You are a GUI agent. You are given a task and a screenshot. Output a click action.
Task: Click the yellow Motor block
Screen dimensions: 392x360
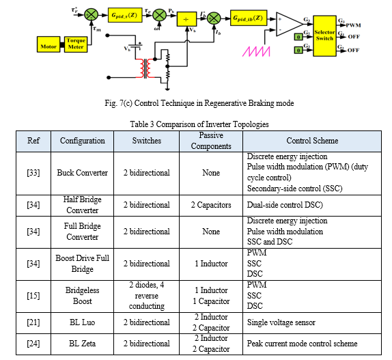click(48, 44)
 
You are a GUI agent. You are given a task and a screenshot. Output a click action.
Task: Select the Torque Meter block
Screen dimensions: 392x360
click(76, 44)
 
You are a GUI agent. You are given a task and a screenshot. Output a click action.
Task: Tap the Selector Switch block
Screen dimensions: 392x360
click(324, 36)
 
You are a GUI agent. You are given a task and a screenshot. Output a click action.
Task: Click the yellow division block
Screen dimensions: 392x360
click(186, 19)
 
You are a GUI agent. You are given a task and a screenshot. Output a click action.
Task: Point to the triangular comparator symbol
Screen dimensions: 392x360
click(289, 24)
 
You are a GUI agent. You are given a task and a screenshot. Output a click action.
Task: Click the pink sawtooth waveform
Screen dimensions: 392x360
click(256, 51)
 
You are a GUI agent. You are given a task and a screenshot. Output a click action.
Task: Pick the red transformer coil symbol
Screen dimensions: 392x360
click(145, 68)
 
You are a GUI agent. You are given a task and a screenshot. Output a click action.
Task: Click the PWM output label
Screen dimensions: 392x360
click(353, 25)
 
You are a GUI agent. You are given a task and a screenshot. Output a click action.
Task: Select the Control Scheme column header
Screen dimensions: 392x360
click(312, 141)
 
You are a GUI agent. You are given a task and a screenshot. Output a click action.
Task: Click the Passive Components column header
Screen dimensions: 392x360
click(211, 141)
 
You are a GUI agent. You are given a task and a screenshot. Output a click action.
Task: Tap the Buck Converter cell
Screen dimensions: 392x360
click(82, 173)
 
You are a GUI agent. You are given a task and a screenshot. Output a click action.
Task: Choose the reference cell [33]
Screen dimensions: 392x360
click(33, 173)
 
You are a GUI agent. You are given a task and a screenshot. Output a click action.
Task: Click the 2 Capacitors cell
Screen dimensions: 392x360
click(211, 205)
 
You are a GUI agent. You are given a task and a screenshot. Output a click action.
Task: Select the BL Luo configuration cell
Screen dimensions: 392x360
click(82, 322)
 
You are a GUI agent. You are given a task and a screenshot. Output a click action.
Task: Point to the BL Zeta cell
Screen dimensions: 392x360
click(82, 344)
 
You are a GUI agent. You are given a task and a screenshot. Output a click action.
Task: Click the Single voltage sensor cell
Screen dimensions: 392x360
click(312, 322)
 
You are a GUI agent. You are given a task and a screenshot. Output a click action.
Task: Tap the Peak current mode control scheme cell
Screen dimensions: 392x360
click(312, 344)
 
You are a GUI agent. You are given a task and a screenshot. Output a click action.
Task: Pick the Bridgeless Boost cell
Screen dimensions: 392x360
click(82, 296)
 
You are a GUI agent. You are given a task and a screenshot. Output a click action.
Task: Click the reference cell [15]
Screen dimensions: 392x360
click(33, 296)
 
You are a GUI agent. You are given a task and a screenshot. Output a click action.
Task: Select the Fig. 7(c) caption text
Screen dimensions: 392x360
click(199, 103)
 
